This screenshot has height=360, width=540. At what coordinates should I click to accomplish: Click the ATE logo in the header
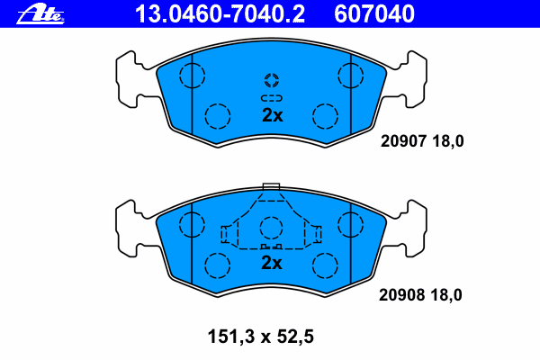40,13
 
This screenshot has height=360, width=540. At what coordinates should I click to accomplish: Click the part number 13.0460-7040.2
220,13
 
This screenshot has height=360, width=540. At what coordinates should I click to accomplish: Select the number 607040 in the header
374,13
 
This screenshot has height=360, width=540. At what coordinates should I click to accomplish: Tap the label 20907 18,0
422,141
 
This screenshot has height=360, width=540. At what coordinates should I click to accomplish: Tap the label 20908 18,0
420,295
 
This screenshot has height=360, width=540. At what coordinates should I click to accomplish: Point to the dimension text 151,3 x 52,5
261,337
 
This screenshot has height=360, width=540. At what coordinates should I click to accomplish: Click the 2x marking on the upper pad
272,115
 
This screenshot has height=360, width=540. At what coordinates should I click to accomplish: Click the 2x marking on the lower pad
272,263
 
